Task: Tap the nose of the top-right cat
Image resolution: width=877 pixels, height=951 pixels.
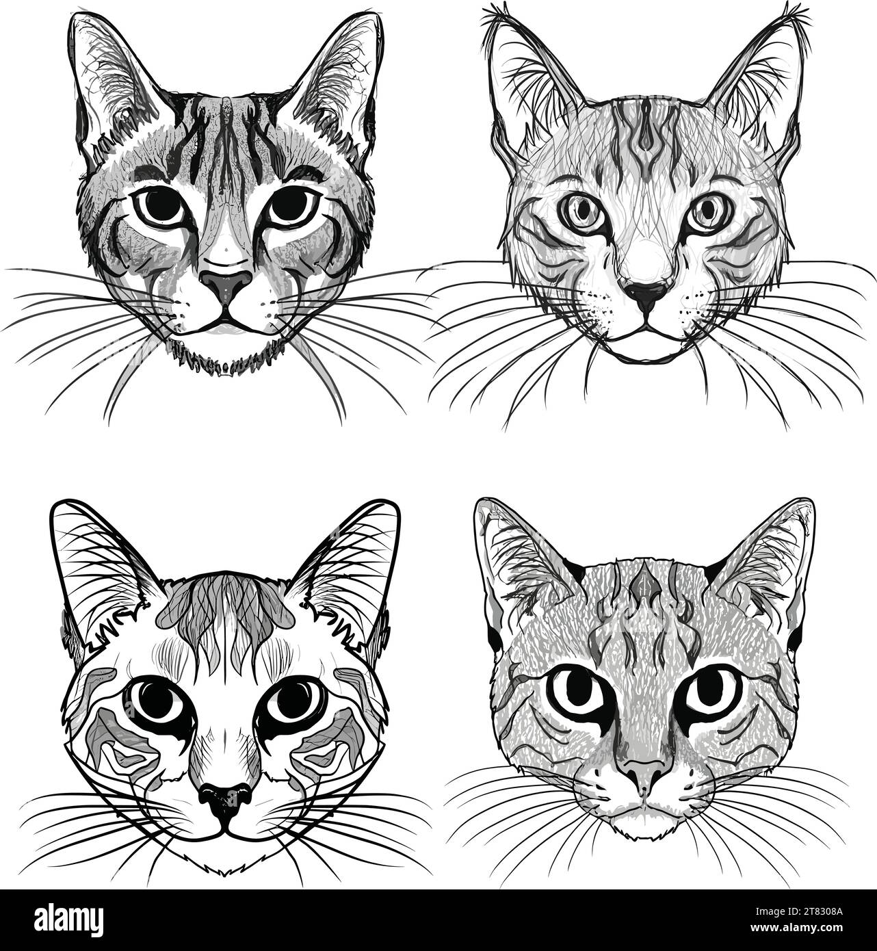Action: (x=646, y=294)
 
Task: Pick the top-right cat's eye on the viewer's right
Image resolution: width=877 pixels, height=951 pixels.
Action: (x=707, y=213)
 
